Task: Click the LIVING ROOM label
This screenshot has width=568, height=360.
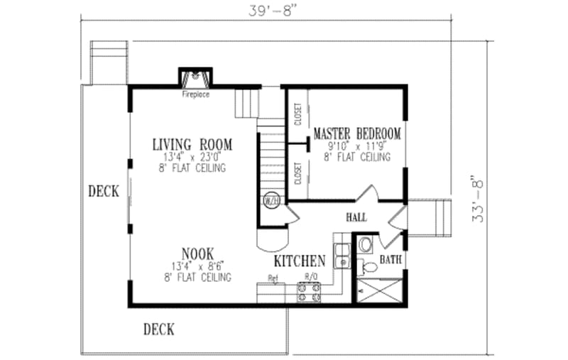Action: [x=192, y=145]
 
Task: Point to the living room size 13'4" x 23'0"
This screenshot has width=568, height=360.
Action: [x=192, y=157]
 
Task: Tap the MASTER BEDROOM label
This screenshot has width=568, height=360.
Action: [x=356, y=133]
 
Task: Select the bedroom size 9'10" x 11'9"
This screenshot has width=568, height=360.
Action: [x=356, y=146]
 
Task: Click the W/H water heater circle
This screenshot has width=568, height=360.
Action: [x=271, y=201]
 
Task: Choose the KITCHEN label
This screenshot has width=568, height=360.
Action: [x=300, y=261]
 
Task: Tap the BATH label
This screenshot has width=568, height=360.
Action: [x=389, y=261]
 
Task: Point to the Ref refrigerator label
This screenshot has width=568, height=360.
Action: [x=272, y=278]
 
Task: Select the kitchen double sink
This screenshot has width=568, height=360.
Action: [x=342, y=253]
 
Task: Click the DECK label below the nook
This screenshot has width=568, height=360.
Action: [x=159, y=329]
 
